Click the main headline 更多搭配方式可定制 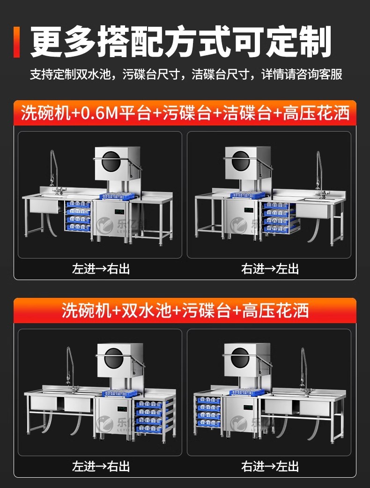pyautogui.click(x=180, y=42)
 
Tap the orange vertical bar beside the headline pyautogui.click(x=16, y=42)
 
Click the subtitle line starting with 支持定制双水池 pyautogui.click(x=186, y=74)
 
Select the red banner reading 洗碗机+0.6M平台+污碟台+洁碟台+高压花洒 pyautogui.click(x=185, y=113)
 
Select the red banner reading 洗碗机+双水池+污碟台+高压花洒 pyautogui.click(x=185, y=311)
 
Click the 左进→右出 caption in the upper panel pyautogui.click(x=101, y=268)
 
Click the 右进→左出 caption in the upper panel pyautogui.click(x=270, y=268)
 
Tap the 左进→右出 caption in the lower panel pyautogui.click(x=101, y=466)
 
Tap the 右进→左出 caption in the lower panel pyautogui.click(x=270, y=466)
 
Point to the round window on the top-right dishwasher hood pyautogui.click(x=241, y=161)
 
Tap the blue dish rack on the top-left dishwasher pyautogui.click(x=117, y=196)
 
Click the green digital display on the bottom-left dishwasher pyautogui.click(x=122, y=408)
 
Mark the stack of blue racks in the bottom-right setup pyautogui.click(x=208, y=411)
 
